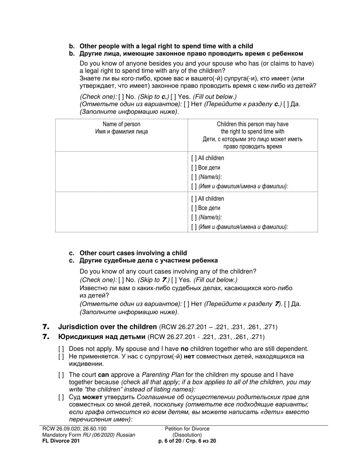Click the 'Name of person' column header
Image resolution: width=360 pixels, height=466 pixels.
pyautogui.click(x=121, y=124)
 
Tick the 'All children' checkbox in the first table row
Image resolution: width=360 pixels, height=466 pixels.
pyautogui.click(x=194, y=158)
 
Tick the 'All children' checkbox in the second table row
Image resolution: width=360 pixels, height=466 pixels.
pyautogui.click(x=194, y=199)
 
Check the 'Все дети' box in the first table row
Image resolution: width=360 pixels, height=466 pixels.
pyautogui.click(x=194, y=168)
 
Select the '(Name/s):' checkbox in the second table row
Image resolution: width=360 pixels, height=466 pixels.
pyautogui.click(x=194, y=217)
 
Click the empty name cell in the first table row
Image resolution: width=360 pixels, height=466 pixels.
pyautogui.click(x=121, y=172)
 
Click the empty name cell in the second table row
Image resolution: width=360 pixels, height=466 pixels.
pyautogui.click(x=121, y=212)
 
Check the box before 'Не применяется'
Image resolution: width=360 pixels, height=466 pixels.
pyautogui.click(x=61, y=357)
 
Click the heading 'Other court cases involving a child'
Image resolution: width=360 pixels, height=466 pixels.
pyautogui.click(x=133, y=253)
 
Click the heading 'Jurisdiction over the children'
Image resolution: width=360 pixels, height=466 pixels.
pyautogui.click(x=107, y=327)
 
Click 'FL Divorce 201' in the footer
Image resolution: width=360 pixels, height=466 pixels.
pyautogui.click(x=61, y=441)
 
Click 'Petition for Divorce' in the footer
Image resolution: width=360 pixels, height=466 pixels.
pyautogui.click(x=187, y=429)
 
